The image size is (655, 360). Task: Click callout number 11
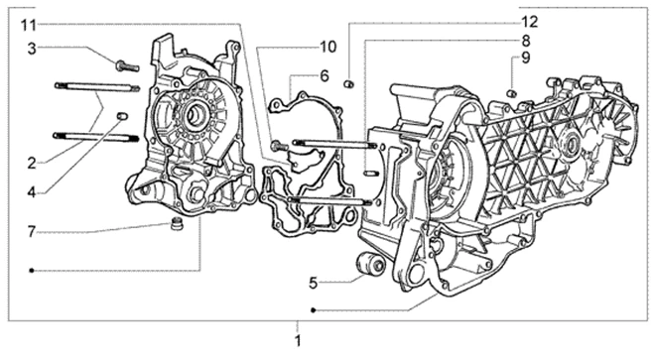(x=29, y=25)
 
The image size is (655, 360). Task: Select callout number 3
(x=32, y=49)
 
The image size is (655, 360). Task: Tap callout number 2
(x=32, y=164)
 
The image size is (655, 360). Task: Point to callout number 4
(x=32, y=192)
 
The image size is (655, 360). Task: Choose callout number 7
(x=32, y=231)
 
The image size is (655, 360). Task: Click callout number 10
(x=327, y=47)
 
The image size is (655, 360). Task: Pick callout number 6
(x=325, y=76)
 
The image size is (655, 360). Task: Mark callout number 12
(x=530, y=21)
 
